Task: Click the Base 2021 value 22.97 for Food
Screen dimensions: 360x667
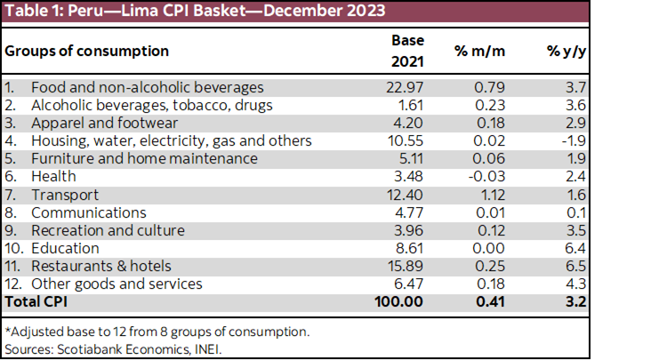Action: (x=407, y=87)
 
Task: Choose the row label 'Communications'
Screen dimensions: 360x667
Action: (x=88, y=212)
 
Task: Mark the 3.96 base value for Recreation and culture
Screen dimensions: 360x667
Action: (x=410, y=230)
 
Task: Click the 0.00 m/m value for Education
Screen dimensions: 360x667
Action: (x=489, y=248)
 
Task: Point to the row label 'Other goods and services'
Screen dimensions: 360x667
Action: (x=117, y=284)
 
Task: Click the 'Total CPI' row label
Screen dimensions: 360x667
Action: (x=38, y=302)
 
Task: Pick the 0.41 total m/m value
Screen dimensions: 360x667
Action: (x=489, y=302)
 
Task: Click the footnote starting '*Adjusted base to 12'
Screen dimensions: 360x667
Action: (x=157, y=331)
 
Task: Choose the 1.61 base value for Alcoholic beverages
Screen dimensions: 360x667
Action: (x=411, y=105)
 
